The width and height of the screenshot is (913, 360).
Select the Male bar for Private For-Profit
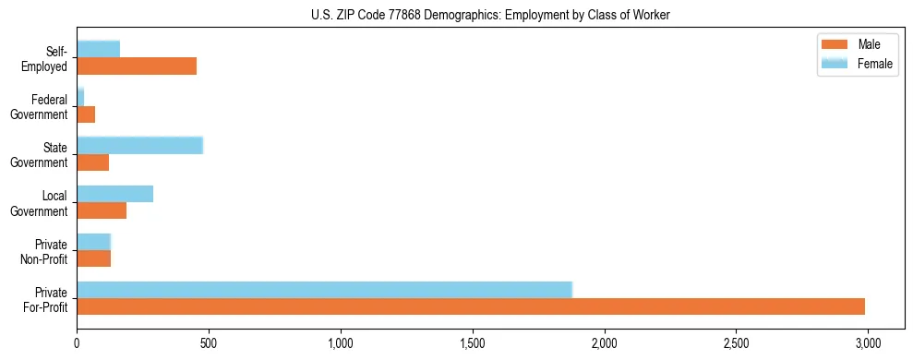[x=471, y=306]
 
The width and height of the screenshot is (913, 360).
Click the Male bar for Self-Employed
[x=137, y=66]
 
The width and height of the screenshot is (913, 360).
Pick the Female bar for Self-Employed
[x=99, y=49]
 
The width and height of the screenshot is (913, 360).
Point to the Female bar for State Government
[x=139, y=145]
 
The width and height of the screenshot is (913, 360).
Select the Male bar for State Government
[x=93, y=162]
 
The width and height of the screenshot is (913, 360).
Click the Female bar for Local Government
[x=115, y=193]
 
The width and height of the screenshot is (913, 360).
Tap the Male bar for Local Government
[x=102, y=210]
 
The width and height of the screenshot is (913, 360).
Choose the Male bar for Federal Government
[x=86, y=114]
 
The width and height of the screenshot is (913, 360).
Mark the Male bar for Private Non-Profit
[x=94, y=258]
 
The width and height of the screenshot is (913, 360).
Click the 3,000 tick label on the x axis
[x=868, y=343]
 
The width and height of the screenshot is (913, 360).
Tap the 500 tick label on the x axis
[x=209, y=343]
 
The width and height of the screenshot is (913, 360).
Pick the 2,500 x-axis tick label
[x=736, y=343]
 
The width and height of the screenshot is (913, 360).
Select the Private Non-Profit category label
[x=45, y=251]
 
